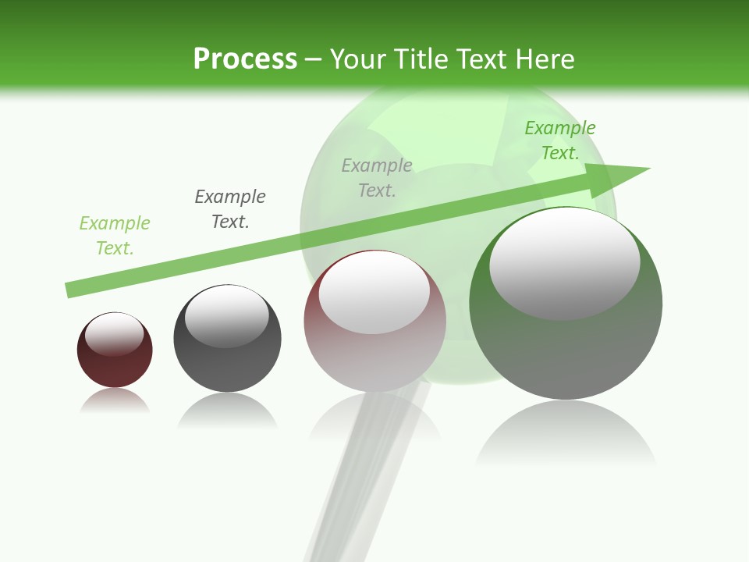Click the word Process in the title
[245, 59]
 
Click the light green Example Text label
[115, 236]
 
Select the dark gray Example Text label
[230, 209]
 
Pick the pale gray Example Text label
[377, 177]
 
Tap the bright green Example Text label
[560, 140]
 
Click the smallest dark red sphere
[115, 367]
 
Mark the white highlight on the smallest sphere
[115, 333]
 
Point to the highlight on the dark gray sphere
[227, 316]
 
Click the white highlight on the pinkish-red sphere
[374, 293]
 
